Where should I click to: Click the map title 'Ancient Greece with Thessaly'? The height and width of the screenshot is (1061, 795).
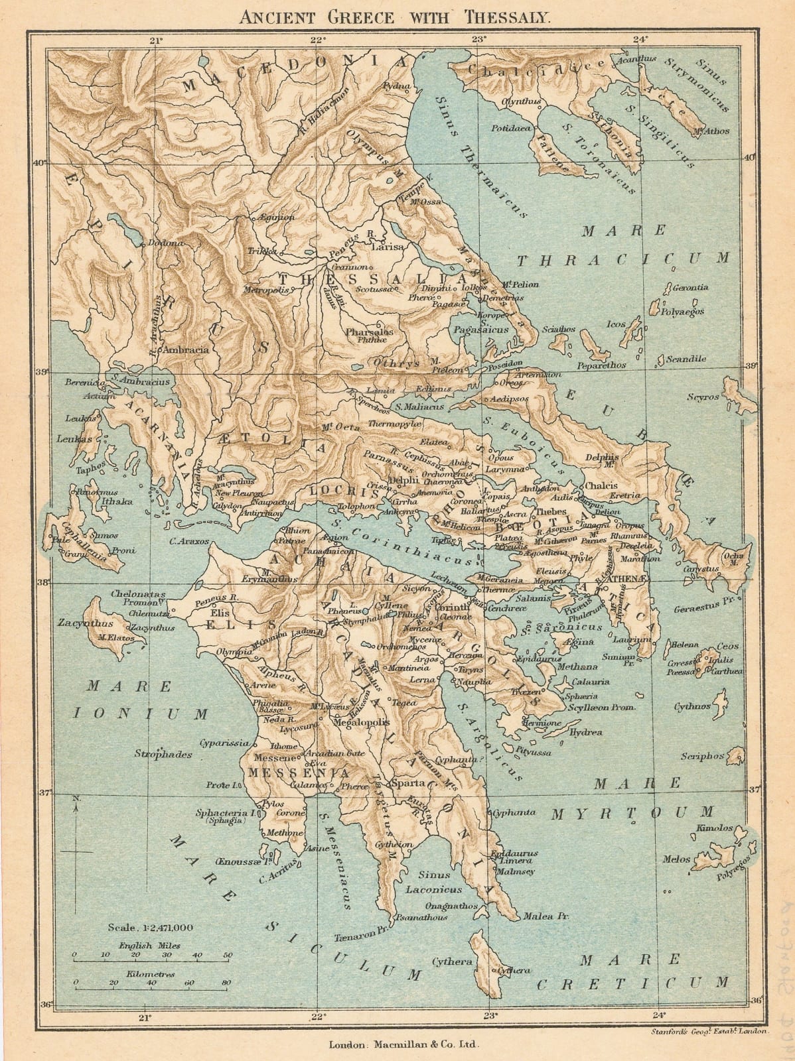(x=396, y=17)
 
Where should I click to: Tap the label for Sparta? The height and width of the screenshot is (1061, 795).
(x=405, y=783)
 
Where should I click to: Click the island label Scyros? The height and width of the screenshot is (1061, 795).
(x=703, y=397)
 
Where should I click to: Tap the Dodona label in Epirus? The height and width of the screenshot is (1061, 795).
(x=164, y=243)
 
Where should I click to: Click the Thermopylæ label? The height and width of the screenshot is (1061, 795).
(x=395, y=423)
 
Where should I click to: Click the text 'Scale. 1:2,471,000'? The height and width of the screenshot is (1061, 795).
(x=152, y=928)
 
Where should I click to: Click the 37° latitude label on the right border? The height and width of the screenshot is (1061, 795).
(x=754, y=789)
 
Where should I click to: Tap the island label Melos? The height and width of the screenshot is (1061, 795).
(x=677, y=859)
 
